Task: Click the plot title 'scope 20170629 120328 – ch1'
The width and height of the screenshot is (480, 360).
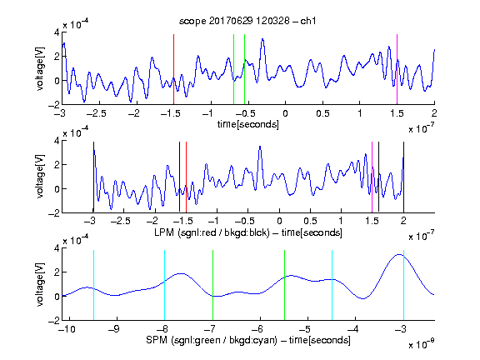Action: [247, 21]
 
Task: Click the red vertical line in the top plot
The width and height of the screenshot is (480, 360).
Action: [173, 69]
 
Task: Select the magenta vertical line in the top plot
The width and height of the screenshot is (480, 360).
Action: [397, 69]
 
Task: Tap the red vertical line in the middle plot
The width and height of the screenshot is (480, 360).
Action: [186, 177]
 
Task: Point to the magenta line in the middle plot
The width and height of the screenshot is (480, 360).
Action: [372, 177]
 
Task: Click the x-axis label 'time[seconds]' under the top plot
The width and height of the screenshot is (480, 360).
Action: [248, 124]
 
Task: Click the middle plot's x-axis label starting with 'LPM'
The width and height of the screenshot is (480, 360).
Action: [248, 232]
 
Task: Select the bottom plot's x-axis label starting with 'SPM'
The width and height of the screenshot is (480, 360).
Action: [248, 340]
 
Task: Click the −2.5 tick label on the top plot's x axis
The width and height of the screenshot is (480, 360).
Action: [96, 113]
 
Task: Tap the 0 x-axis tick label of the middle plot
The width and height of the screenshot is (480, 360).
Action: [279, 221]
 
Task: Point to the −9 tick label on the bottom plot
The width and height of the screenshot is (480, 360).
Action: [114, 329]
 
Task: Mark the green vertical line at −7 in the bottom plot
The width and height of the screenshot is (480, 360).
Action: [212, 285]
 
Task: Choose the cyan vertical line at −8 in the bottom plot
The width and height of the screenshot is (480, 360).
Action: [165, 285]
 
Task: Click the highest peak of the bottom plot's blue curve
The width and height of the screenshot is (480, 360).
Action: [399, 254]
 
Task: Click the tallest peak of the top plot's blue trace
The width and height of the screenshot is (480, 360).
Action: [262, 39]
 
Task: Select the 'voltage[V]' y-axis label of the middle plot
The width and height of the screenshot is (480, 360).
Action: [40, 177]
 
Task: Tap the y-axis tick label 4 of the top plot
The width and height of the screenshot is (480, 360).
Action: [57, 32]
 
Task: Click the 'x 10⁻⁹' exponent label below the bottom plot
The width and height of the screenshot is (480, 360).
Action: [421, 345]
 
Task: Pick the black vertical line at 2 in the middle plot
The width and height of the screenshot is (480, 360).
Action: [403, 177]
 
